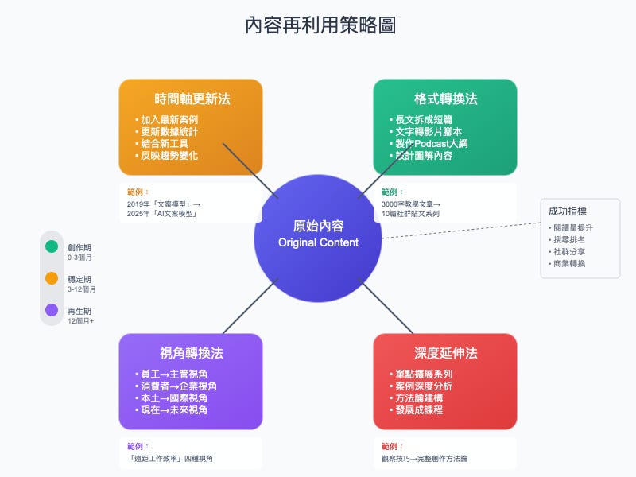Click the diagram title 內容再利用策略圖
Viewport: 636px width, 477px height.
[x=320, y=25]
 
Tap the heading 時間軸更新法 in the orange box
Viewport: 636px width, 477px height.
[x=191, y=99]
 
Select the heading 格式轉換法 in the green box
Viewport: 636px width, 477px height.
[x=445, y=99]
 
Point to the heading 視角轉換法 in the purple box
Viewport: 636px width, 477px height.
[x=191, y=354]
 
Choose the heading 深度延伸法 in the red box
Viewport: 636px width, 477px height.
[x=445, y=354]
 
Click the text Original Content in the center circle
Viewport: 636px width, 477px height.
[x=318, y=242]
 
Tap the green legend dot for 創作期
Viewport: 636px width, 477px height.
[x=52, y=246]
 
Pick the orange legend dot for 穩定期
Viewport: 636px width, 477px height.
[x=52, y=278]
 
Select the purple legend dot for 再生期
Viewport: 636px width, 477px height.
[x=52, y=310]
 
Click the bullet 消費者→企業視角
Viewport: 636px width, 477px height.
[x=178, y=386]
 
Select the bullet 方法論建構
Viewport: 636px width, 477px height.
[x=424, y=398]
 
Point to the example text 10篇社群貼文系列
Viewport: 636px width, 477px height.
[x=410, y=214]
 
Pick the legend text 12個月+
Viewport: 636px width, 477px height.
[x=80, y=321]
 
